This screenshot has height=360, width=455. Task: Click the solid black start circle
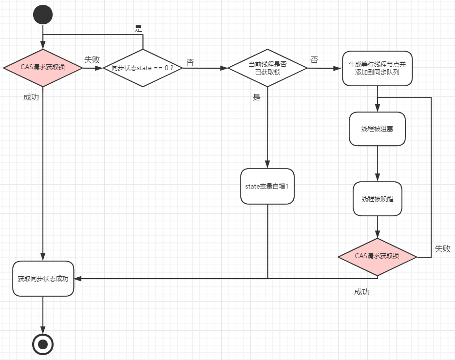[x=43, y=15]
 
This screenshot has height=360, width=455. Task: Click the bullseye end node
[x=43, y=344]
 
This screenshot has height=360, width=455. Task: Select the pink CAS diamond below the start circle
[x=43, y=68]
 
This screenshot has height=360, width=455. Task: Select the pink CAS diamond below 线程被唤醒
[x=378, y=256]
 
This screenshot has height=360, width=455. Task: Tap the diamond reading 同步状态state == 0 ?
[x=143, y=68]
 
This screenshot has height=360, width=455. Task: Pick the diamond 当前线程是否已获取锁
[x=267, y=68]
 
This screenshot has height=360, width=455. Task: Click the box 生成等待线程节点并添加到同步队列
[x=378, y=68]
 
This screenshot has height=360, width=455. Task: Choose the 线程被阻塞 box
[x=378, y=129]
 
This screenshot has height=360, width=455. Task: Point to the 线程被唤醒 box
[x=378, y=199]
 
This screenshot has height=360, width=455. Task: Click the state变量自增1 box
[x=267, y=186]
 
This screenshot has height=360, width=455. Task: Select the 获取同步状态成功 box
[x=43, y=279]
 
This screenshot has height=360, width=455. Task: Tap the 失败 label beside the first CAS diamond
[x=92, y=60]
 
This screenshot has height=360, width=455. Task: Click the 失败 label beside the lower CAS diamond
[x=442, y=249]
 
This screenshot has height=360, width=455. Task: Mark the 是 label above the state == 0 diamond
[x=138, y=29]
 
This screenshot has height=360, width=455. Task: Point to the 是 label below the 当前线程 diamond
[x=257, y=97]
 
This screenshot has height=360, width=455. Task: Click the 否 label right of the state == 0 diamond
[x=190, y=62]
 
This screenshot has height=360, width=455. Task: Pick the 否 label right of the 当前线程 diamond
[x=314, y=60]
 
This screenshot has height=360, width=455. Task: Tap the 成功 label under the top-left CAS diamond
[x=31, y=97]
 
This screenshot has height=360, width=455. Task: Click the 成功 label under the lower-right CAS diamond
[x=361, y=292]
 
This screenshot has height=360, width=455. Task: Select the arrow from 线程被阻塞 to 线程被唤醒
[x=378, y=164]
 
